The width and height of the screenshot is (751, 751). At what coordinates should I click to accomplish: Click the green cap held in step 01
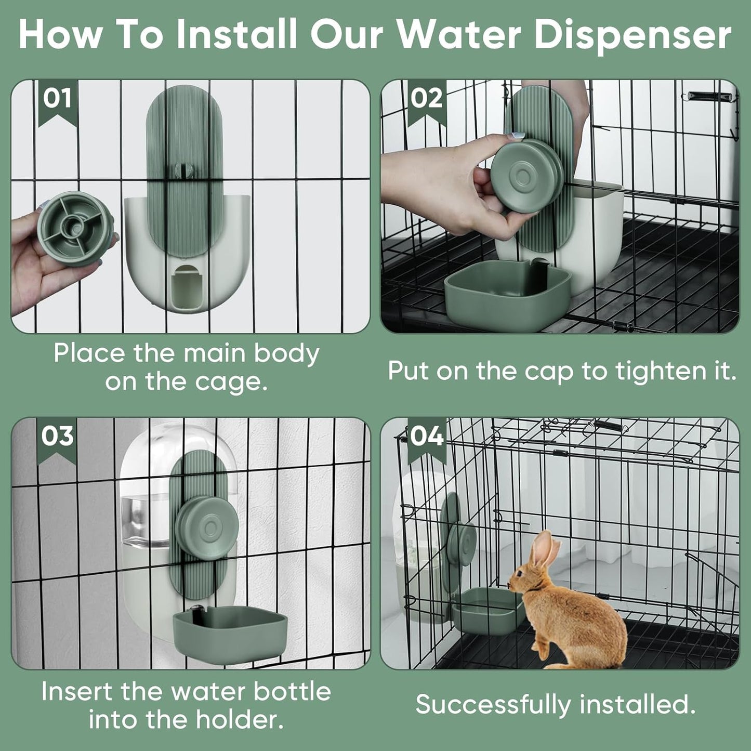pyautogui.click(x=75, y=229)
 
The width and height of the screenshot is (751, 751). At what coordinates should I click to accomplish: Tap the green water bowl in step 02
pyautogui.click(x=507, y=294)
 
